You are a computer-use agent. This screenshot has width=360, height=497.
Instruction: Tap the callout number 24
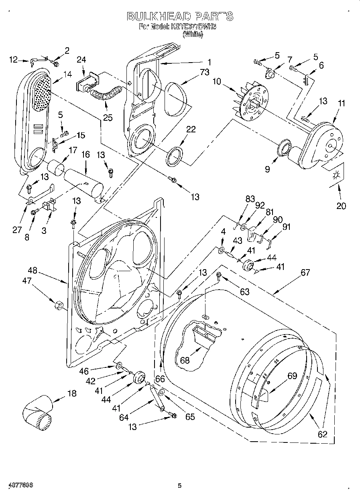pos(81,60)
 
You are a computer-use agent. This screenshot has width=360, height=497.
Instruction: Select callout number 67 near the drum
pos(305,272)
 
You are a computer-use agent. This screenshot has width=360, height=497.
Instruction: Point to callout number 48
pos(33,270)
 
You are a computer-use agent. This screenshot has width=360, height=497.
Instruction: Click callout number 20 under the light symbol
pos(341,207)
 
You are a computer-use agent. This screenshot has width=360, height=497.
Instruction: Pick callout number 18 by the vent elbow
pos(71,394)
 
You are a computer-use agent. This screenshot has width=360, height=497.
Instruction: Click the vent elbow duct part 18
pos(37,412)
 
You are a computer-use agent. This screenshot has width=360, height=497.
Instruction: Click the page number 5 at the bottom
pos(180,486)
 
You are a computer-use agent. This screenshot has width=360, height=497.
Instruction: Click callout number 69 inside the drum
pos(292,376)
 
